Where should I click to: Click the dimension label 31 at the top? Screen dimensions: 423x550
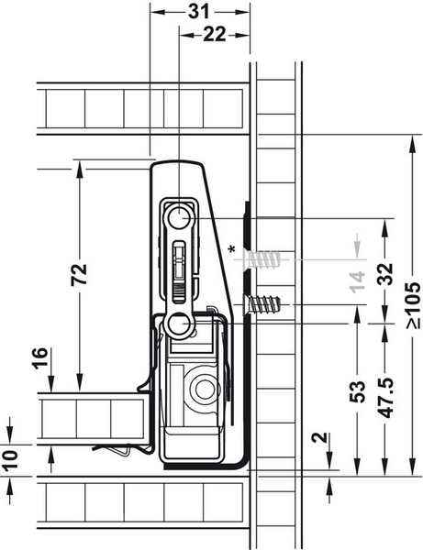click(199, 12)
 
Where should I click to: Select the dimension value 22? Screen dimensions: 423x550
click(215, 35)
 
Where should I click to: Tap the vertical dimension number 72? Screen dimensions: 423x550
click(79, 274)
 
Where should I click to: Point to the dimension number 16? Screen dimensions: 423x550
click(40, 357)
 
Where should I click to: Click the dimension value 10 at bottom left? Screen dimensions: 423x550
click(10, 460)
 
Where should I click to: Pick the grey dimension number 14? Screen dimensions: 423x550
click(357, 281)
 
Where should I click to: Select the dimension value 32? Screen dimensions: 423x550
click(385, 274)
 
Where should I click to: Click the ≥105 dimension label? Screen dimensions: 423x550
click(413, 305)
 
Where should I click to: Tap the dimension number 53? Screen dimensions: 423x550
click(357, 391)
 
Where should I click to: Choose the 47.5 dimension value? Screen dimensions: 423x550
click(385, 398)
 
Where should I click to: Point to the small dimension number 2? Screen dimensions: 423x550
click(320, 437)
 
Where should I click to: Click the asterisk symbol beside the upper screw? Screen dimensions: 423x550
click(231, 250)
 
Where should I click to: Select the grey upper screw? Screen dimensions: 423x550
click(262, 259)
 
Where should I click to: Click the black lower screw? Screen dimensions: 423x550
click(262, 304)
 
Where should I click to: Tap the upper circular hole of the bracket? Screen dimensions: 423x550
click(179, 218)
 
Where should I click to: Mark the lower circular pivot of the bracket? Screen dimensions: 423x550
click(179, 324)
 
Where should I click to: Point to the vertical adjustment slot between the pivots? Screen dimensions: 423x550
click(179, 272)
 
